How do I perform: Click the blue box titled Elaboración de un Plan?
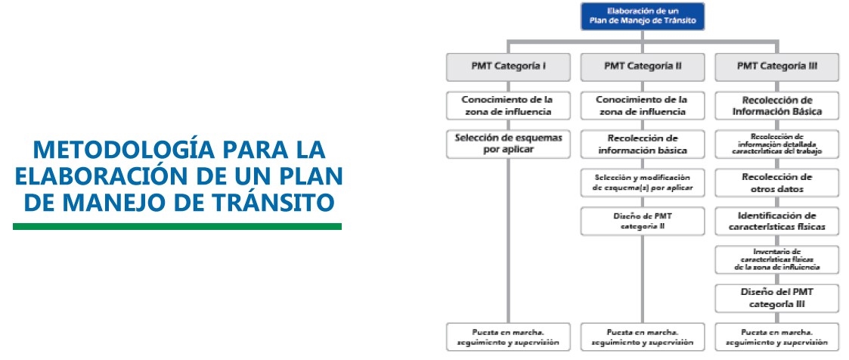point(643,17)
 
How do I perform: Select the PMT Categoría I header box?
point(508,67)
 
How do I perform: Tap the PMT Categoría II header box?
point(643,67)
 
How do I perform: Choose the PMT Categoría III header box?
point(776,67)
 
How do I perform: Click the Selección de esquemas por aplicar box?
point(508,144)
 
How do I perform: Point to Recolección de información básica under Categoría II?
point(643,144)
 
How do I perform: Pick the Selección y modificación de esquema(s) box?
point(643,182)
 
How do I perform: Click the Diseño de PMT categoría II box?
point(643,221)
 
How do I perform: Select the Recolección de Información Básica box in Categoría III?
point(776,105)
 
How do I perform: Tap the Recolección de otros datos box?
point(776,182)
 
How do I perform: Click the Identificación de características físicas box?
point(776,221)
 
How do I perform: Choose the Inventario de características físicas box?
point(776,259)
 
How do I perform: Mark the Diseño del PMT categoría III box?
point(776,297)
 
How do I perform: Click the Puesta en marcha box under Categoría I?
point(508,337)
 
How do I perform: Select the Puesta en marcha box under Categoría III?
point(776,337)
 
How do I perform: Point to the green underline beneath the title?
point(177,226)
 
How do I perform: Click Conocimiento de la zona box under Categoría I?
point(508,105)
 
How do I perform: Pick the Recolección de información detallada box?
point(776,144)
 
